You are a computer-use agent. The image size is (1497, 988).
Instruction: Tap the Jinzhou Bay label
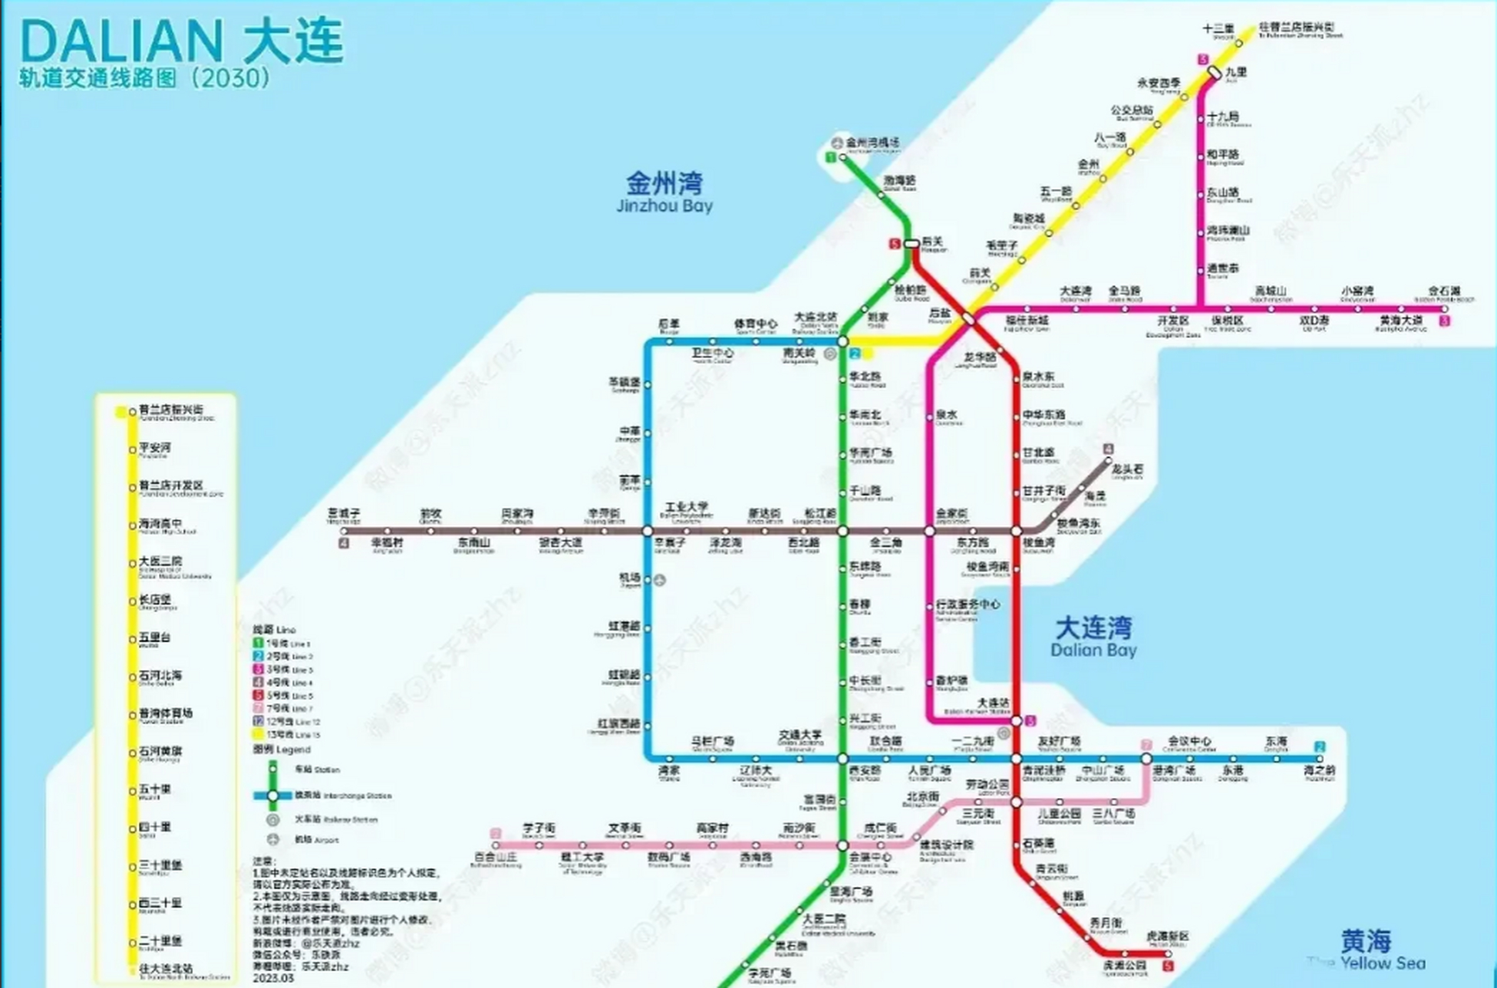[664, 193]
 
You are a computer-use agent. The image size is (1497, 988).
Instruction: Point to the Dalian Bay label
[1093, 637]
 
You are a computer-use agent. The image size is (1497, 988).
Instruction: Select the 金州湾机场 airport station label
[872, 143]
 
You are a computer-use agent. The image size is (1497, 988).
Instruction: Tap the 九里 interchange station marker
[1214, 73]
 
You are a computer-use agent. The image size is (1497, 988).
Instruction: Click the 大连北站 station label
[816, 318]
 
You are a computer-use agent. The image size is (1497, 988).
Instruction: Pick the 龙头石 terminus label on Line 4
[1127, 469]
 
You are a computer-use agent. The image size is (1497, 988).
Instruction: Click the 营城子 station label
[344, 514]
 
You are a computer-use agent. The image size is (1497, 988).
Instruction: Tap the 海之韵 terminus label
[1319, 770]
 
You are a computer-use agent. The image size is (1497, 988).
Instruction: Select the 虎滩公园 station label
[1124, 966]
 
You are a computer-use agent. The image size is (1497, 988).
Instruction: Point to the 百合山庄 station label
[495, 858]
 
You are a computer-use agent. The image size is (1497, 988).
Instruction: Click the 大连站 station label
[992, 703]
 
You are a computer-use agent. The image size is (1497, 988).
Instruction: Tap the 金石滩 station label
[1444, 292]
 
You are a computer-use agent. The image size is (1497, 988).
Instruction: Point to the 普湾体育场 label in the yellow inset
[165, 713]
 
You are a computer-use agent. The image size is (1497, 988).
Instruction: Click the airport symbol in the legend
[273, 839]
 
